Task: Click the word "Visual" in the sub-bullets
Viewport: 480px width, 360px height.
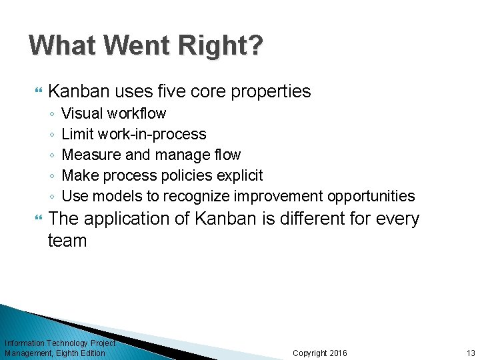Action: (80, 113)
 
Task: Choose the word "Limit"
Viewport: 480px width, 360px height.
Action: (78, 134)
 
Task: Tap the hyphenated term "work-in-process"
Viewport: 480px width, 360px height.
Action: (152, 134)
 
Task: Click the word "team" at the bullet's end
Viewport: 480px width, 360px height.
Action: (67, 241)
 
